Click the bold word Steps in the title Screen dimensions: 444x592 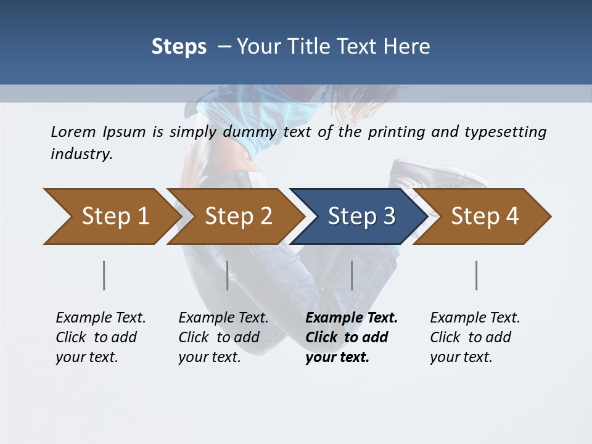coord(179,47)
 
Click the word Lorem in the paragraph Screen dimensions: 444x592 coord(73,131)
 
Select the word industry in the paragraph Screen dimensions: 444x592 coord(81,154)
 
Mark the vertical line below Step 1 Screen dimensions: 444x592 coord(104,275)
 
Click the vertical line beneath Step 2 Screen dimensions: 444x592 coord(228,275)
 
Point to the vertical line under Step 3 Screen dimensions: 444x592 coord(351,275)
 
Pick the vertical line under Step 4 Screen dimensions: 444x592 coord(476,275)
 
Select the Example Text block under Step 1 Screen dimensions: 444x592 coord(101,337)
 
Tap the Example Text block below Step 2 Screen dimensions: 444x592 coord(223,337)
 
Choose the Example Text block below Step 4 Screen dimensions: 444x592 coord(475,337)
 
